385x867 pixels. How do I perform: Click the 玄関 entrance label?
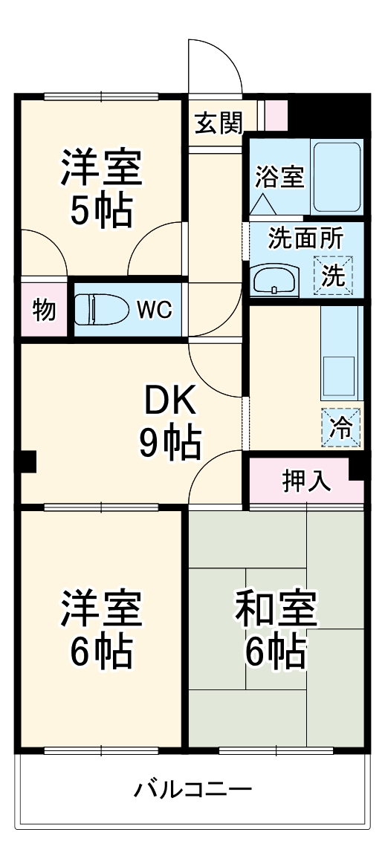point(219,123)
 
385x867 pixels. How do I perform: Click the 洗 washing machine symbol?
point(333,275)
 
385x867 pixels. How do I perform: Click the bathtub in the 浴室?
point(336,177)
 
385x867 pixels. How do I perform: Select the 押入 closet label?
point(306,481)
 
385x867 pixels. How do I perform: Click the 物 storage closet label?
point(45,309)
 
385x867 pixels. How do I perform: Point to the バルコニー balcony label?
point(192,789)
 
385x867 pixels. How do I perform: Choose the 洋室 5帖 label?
point(101,189)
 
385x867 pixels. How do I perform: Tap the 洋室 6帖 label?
point(101,630)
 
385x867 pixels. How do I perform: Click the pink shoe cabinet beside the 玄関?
point(276,114)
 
